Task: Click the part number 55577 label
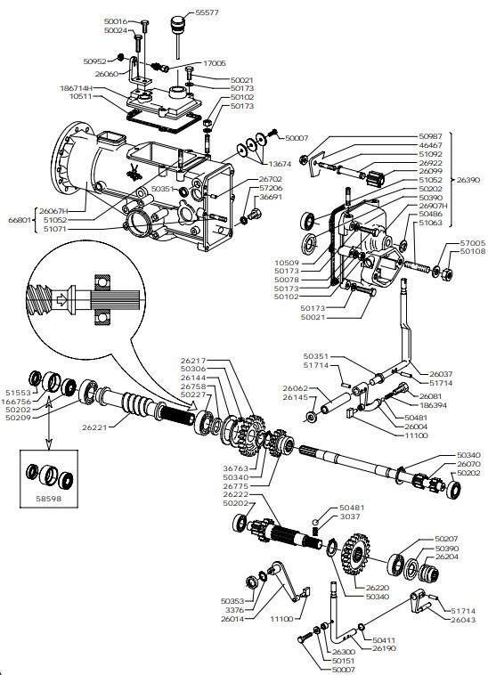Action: tap(207, 12)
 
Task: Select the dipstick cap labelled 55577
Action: tap(177, 23)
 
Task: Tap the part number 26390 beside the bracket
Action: tap(468, 180)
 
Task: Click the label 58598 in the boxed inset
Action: tap(49, 499)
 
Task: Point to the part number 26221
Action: tap(94, 427)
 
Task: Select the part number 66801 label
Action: tap(20, 220)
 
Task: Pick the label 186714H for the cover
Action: tap(77, 88)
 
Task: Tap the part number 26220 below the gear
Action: tap(378, 588)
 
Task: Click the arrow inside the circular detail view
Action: tap(61, 299)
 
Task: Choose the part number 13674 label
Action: tap(280, 164)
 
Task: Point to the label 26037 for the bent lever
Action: tap(441, 374)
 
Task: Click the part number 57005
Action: tap(473, 243)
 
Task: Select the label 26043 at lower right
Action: tap(463, 620)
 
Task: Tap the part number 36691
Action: tap(271, 197)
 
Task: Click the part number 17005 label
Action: tap(215, 63)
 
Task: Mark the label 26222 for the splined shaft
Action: tap(236, 494)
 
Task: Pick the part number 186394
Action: tap(433, 405)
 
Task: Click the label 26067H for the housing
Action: tap(53, 211)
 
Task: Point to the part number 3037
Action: tap(350, 516)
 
